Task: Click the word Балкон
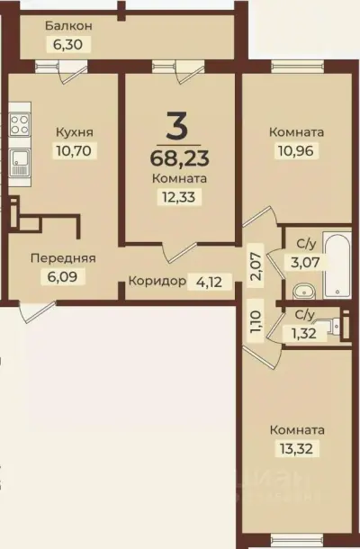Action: click(x=69, y=26)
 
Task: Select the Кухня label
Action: click(x=74, y=132)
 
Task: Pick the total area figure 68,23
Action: click(x=178, y=160)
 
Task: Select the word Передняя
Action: click(x=63, y=257)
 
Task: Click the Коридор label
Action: click(x=157, y=281)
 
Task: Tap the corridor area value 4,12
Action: click(x=208, y=281)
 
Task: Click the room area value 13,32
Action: click(x=296, y=447)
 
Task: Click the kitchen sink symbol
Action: click(x=20, y=163)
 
